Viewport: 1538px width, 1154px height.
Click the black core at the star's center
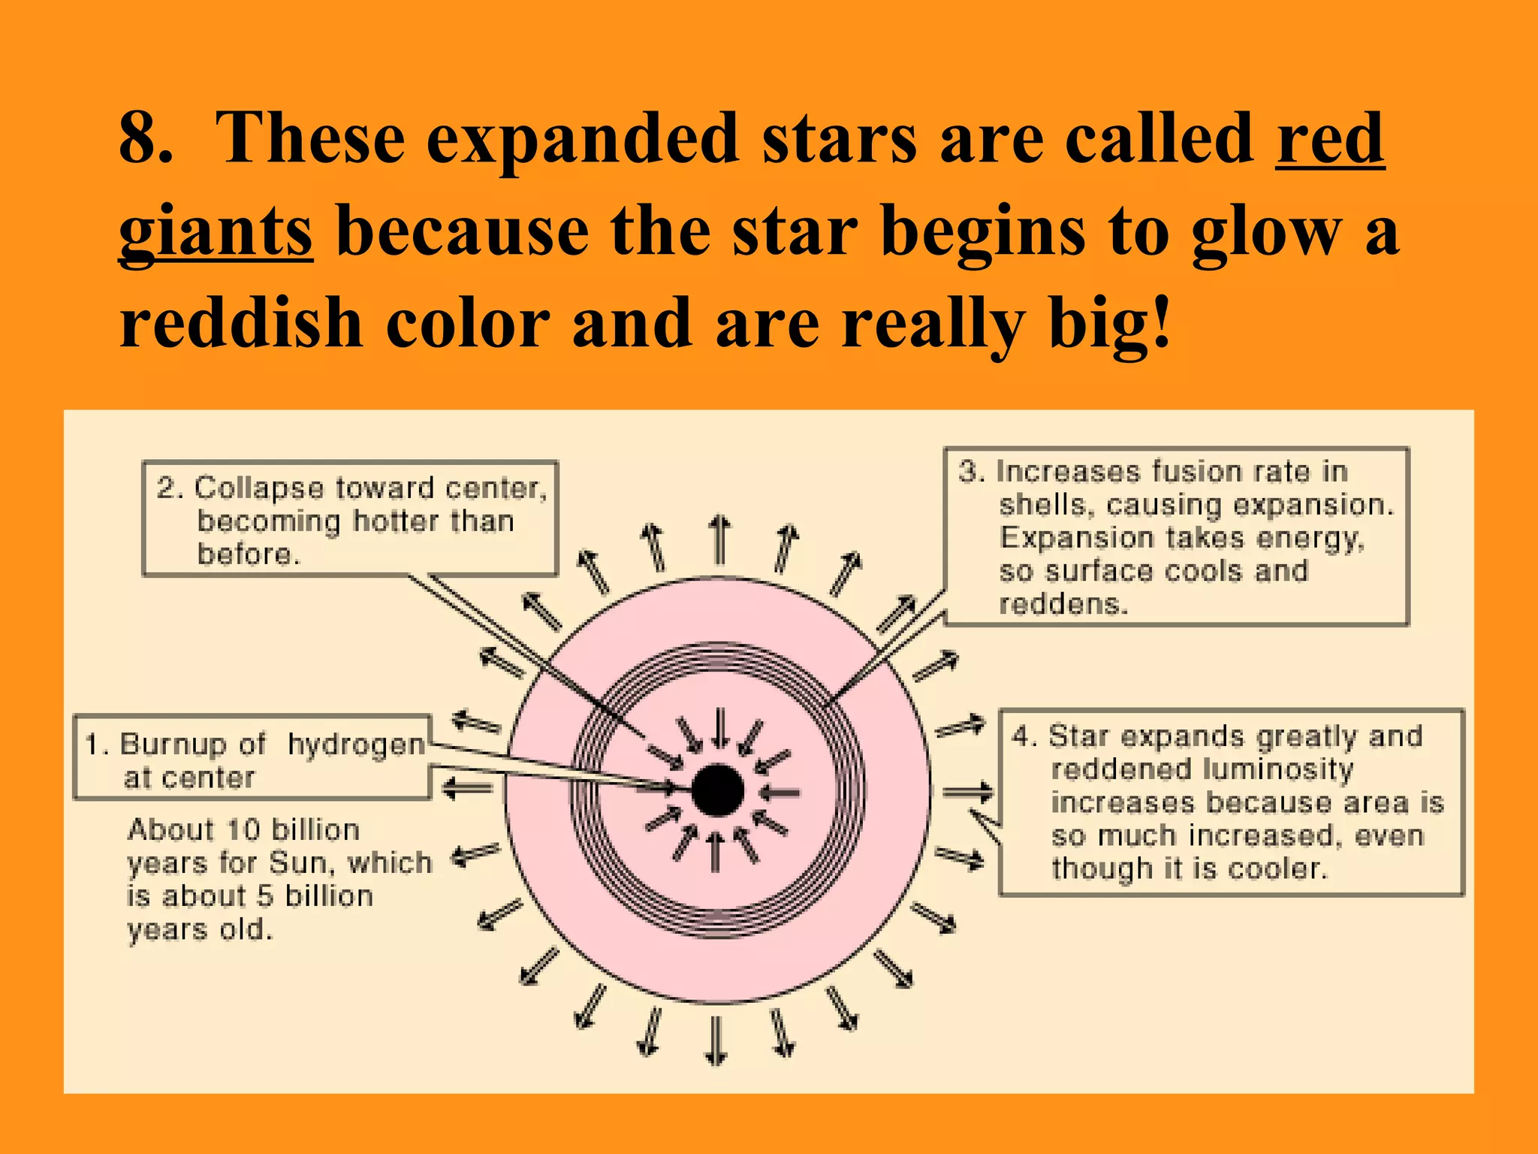pyautogui.click(x=717, y=790)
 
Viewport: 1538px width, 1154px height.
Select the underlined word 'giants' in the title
pyautogui.click(x=216, y=231)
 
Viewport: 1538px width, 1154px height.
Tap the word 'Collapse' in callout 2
pyautogui.click(x=258, y=488)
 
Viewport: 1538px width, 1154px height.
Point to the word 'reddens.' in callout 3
pyautogui.click(x=1063, y=604)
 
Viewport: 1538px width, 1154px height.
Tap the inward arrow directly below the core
pyautogui.click(x=716, y=853)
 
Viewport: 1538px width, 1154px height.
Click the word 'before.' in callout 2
pyautogui.click(x=249, y=554)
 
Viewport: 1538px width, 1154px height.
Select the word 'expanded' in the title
pyautogui.click(x=583, y=139)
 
